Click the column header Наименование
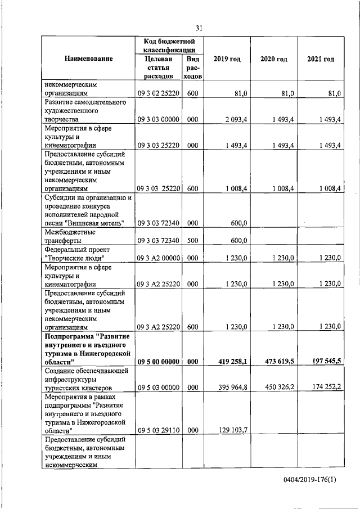(x=88, y=59)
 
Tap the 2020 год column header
(x=273, y=59)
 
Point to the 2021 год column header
(x=321, y=59)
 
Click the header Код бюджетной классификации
(x=169, y=45)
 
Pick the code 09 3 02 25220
(x=158, y=94)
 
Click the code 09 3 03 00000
(x=158, y=119)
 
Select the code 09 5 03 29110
(x=158, y=430)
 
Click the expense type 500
(x=192, y=241)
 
